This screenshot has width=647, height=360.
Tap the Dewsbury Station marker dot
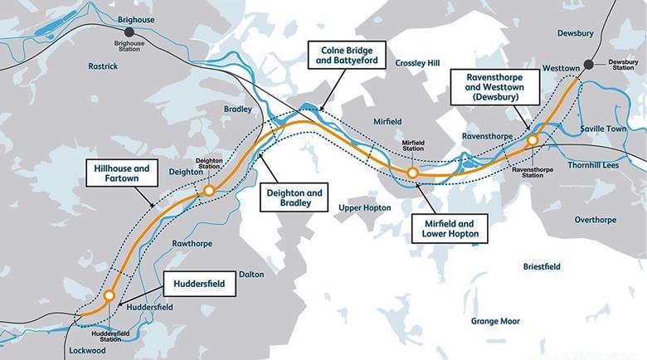click(589, 64)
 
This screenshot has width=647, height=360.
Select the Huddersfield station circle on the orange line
click(109, 294)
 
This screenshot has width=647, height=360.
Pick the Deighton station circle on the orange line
click(209, 190)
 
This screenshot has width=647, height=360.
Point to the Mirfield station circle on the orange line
click(412, 173)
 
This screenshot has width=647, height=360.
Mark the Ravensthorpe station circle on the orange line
click(532, 140)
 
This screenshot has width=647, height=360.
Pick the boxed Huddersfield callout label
click(200, 283)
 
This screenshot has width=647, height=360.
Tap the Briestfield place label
click(542, 266)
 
